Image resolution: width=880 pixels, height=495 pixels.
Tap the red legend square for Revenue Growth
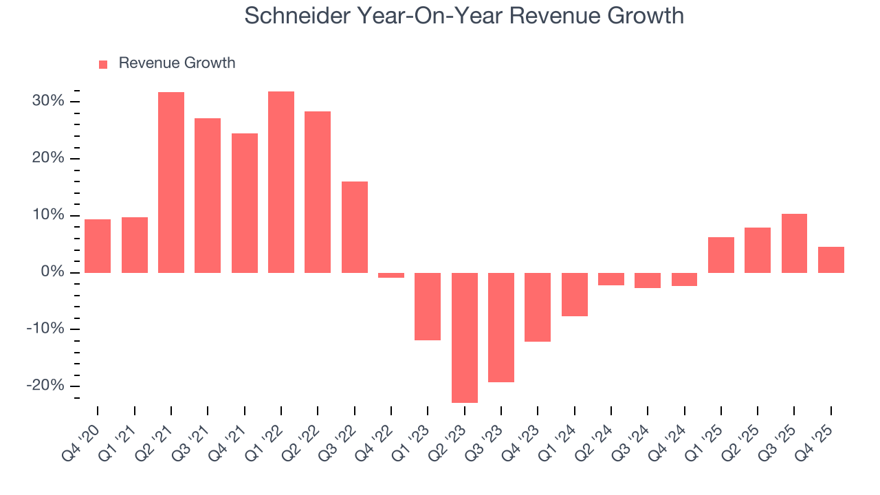coord(103,64)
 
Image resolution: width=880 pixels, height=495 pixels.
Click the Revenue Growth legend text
coord(177,63)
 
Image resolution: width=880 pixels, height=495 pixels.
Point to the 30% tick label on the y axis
coord(47,102)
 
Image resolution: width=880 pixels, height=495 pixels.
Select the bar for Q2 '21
coord(171,182)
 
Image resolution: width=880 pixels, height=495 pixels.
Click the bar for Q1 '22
coord(281,182)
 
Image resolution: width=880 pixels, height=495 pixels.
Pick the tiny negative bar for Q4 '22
coord(391,275)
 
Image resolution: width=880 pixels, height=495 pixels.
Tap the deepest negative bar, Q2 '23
coord(465,338)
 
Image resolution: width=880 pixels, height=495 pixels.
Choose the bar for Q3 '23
coord(501,327)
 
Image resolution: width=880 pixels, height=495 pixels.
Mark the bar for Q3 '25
coord(794,243)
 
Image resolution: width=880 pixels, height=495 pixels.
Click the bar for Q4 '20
coord(98,246)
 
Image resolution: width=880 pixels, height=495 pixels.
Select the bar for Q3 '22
coord(355,227)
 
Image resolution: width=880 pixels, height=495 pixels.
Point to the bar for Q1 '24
coord(575,294)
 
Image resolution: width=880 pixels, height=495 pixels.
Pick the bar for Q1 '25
coord(721,255)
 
